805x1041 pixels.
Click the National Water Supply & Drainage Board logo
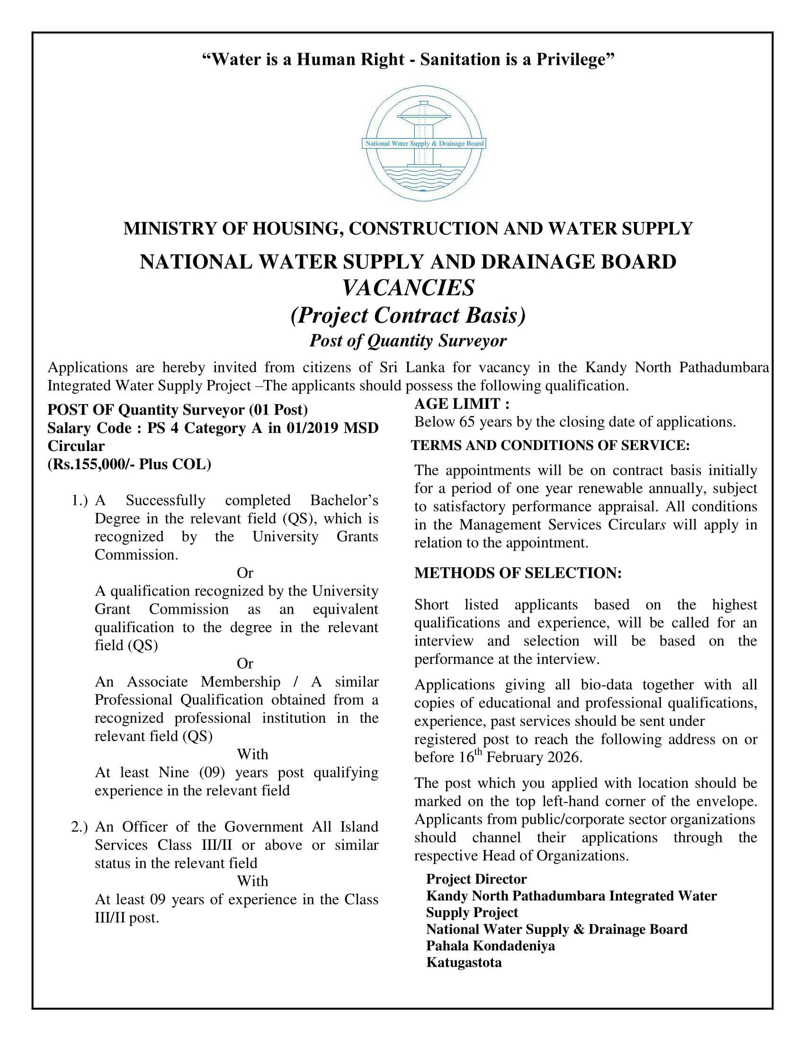423,143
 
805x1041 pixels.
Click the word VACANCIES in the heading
408,288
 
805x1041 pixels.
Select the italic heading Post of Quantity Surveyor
408,340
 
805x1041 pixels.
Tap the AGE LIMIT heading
462,404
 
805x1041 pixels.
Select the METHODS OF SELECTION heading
518,573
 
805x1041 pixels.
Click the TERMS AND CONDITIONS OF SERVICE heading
550,445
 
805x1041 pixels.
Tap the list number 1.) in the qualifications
80,501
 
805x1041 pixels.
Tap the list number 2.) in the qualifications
80,827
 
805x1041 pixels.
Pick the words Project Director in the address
476,879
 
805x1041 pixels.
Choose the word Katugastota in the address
464,962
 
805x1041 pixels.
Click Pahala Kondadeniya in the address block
490,945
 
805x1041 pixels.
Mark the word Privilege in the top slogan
575,60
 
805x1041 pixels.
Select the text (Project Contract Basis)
408,315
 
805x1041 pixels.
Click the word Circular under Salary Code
76,446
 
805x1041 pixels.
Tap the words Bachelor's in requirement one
344,501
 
